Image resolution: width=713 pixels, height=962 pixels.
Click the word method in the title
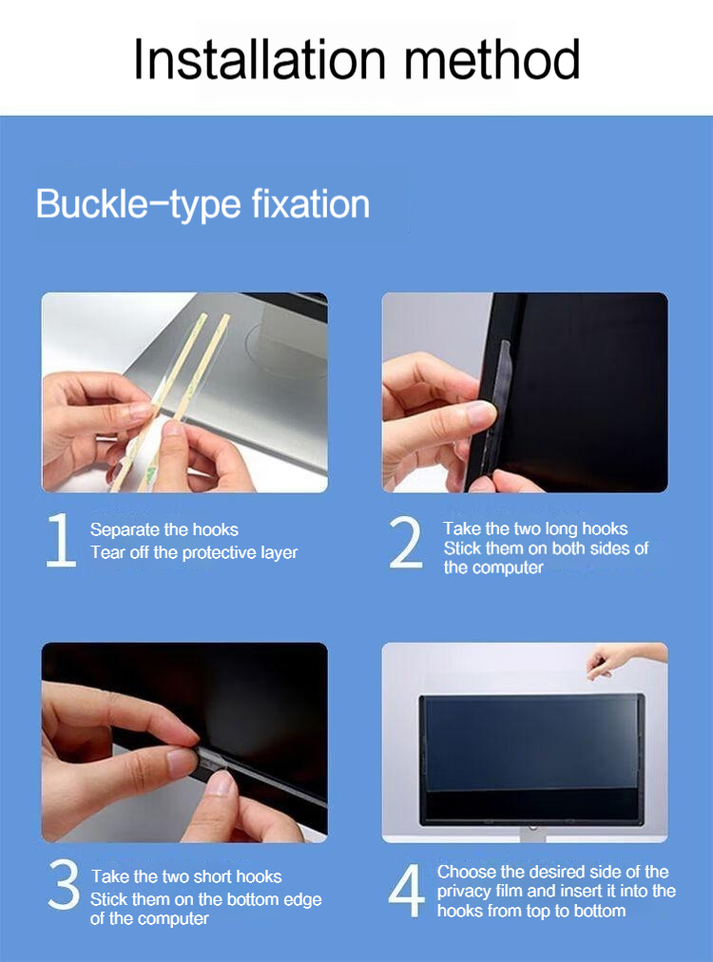coord(491,59)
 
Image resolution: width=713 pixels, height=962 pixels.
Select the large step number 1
coord(61,540)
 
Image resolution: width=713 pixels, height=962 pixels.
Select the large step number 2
coord(406,542)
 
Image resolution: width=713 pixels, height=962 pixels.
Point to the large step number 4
coord(406,890)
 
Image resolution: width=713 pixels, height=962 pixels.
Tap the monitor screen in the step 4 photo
coord(531,759)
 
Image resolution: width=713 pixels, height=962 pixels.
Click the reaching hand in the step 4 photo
coord(620,660)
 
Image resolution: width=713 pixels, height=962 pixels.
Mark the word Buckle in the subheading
coord(92,203)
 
